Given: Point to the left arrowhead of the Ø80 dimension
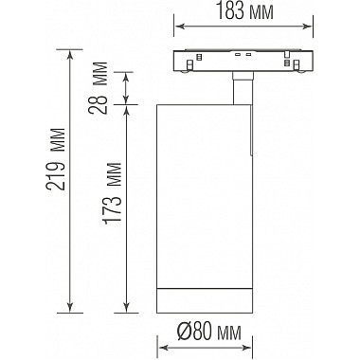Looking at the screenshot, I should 157,347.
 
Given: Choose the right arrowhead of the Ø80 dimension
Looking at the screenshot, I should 249,347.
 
